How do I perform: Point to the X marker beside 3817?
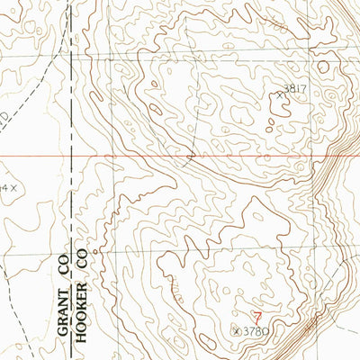[280, 92]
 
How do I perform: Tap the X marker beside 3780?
[237, 331]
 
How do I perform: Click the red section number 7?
[258, 317]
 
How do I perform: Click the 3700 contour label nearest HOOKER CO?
[175, 290]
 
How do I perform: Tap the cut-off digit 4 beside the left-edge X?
[4, 187]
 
